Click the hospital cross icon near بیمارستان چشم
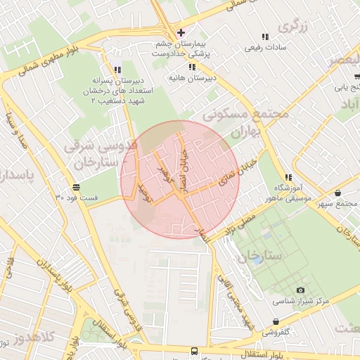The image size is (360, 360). click(181, 32)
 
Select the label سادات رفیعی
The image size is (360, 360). click(264, 49)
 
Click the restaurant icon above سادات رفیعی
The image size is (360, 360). click(264, 37)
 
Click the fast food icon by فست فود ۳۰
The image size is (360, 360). click(75, 187)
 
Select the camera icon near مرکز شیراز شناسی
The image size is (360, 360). click(301, 290)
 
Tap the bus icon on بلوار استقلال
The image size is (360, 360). click(194, 350)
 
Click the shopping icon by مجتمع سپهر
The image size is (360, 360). click(338, 193)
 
